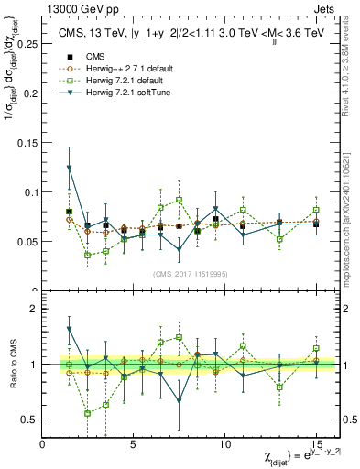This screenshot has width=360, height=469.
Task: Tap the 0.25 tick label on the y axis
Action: [x=27, y=43]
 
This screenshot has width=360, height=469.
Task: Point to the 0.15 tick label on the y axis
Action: [x=27, y=142]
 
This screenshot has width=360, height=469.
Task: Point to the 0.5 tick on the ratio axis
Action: [x=30, y=420]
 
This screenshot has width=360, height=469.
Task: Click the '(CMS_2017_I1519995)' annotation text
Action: [x=191, y=272]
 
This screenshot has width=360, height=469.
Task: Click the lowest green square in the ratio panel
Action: [x=88, y=413]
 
